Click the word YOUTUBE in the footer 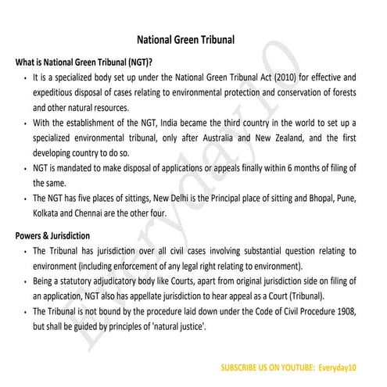click(x=295, y=367)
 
